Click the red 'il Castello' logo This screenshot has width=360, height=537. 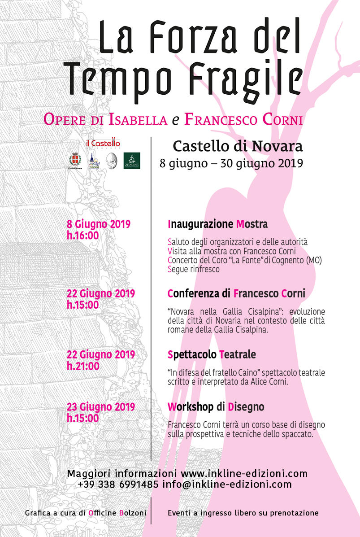(x=103, y=144)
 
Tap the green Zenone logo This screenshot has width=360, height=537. (x=132, y=161)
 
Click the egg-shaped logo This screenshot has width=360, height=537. (x=112, y=161)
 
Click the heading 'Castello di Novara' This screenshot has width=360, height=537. (x=238, y=146)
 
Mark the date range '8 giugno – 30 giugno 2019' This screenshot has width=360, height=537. (x=231, y=163)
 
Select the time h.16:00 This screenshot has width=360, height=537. (x=83, y=235)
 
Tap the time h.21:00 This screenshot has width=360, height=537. (x=83, y=366)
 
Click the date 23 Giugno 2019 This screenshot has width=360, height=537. (x=101, y=407)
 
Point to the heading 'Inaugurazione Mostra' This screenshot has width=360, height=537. (x=217, y=223)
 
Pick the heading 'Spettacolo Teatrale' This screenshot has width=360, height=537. (x=212, y=355)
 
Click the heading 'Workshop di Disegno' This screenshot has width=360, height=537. (x=216, y=407)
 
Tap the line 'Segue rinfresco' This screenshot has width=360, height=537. (x=194, y=270)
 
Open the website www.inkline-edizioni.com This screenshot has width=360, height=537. (x=244, y=473)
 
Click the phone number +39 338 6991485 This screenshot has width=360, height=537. (x=118, y=485)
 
